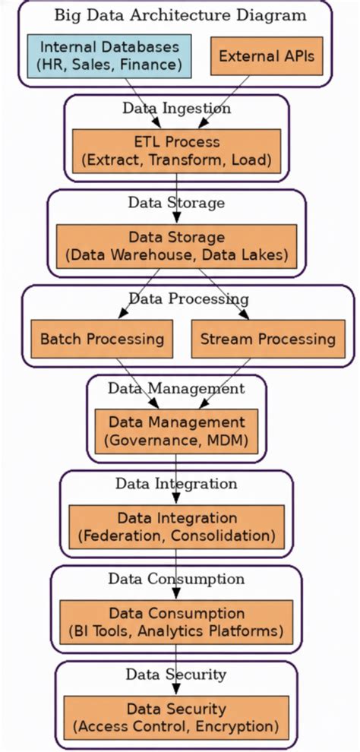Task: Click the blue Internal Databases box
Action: pos(110,56)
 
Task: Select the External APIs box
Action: pos(266,56)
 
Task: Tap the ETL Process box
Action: pos(176,151)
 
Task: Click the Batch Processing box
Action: pos(102,338)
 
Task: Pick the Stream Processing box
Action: pos(267,338)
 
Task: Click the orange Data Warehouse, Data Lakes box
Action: pos(176,246)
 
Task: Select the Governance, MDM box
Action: pos(176,431)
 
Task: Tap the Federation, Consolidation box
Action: pos(176,527)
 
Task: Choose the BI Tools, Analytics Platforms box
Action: pos(176,622)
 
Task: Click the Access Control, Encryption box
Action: pos(176,718)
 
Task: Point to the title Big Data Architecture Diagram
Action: pos(180,15)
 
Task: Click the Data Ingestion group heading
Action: pos(176,109)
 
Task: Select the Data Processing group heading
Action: pos(188,299)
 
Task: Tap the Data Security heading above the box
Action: pos(176,675)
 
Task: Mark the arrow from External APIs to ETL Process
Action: pos(220,103)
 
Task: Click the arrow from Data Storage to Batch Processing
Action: pos(141,292)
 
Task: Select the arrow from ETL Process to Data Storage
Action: pos(176,199)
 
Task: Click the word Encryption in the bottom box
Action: pos(243,727)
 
